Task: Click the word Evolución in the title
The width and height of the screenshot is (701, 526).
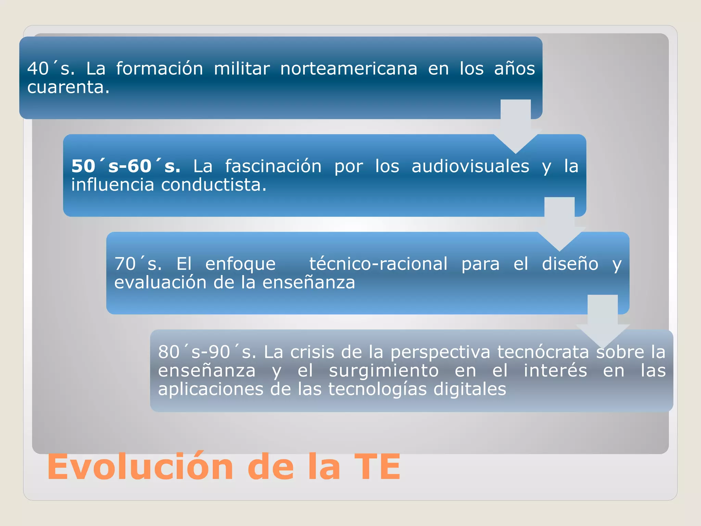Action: (x=140, y=467)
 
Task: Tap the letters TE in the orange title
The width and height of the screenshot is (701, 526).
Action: (x=377, y=467)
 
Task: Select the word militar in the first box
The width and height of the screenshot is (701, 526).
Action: (x=242, y=68)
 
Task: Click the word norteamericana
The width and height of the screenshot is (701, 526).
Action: (x=349, y=68)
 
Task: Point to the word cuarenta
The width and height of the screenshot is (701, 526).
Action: (x=68, y=87)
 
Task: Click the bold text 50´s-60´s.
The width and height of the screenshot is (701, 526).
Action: (x=126, y=166)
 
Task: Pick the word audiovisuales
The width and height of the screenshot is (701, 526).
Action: (x=470, y=166)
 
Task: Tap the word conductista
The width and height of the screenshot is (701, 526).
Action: (x=214, y=185)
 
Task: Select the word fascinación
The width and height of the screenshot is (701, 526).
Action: (x=273, y=166)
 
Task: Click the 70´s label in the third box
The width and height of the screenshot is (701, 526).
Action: (x=138, y=264)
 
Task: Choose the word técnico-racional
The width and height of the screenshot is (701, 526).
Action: (x=378, y=264)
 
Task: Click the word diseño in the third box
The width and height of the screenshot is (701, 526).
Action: (x=570, y=264)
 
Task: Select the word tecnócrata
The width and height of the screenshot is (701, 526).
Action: (x=543, y=352)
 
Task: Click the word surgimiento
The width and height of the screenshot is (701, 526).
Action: (x=384, y=371)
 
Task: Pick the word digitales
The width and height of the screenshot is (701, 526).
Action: (x=470, y=389)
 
